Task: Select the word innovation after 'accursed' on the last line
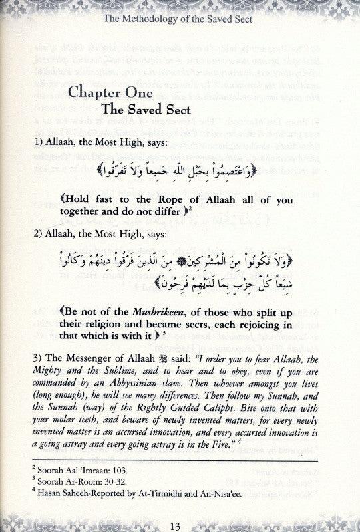[296, 452]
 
